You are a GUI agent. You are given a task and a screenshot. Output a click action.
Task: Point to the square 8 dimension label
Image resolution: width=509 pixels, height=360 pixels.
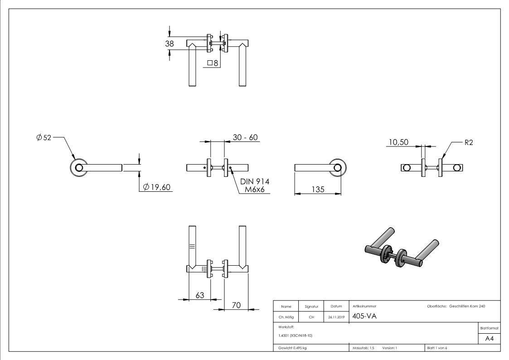pos(213,63)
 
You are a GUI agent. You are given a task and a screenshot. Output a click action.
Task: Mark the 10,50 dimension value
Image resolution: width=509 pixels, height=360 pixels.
pos(398,142)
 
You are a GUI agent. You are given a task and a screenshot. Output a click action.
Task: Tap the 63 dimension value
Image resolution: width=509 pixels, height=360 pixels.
pos(200,295)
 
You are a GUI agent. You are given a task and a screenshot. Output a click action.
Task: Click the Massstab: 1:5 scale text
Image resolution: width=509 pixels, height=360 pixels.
pos(364,347)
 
